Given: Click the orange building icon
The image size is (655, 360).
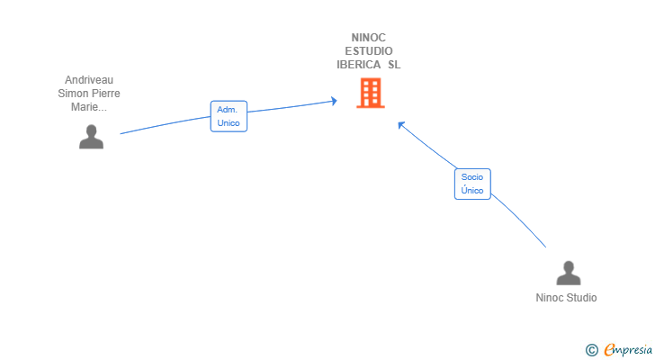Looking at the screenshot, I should pos(370,94).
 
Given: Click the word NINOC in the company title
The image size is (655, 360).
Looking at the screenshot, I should pos(369,38).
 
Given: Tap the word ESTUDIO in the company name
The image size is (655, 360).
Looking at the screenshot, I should pos(369,51).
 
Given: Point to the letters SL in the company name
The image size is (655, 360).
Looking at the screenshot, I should pos(394,65).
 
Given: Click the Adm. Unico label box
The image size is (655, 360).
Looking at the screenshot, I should pos(229,116).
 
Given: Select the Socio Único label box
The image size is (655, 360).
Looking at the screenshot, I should pos(472,184).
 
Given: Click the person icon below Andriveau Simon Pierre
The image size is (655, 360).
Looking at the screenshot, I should pos(91,137).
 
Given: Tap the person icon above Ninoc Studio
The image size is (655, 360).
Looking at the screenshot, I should pos(568,273).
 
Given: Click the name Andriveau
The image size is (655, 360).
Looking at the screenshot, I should pos(89,80).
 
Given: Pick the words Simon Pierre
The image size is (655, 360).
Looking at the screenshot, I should pos(89,94).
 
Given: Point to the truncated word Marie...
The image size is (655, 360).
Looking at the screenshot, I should pos(89,107).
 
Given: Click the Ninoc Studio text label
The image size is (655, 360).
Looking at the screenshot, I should pos(566,298).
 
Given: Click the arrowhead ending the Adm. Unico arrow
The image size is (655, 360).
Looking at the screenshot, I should pos(334,101).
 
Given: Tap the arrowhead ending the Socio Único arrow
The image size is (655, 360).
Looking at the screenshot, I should pos(401,125).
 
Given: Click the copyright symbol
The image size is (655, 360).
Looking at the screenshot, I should pos(592,349).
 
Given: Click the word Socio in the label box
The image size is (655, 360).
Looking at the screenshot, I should pos(472,177).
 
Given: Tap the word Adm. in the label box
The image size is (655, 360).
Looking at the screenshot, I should pos(227,110).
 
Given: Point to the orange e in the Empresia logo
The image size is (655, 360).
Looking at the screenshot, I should pos(609,349).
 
